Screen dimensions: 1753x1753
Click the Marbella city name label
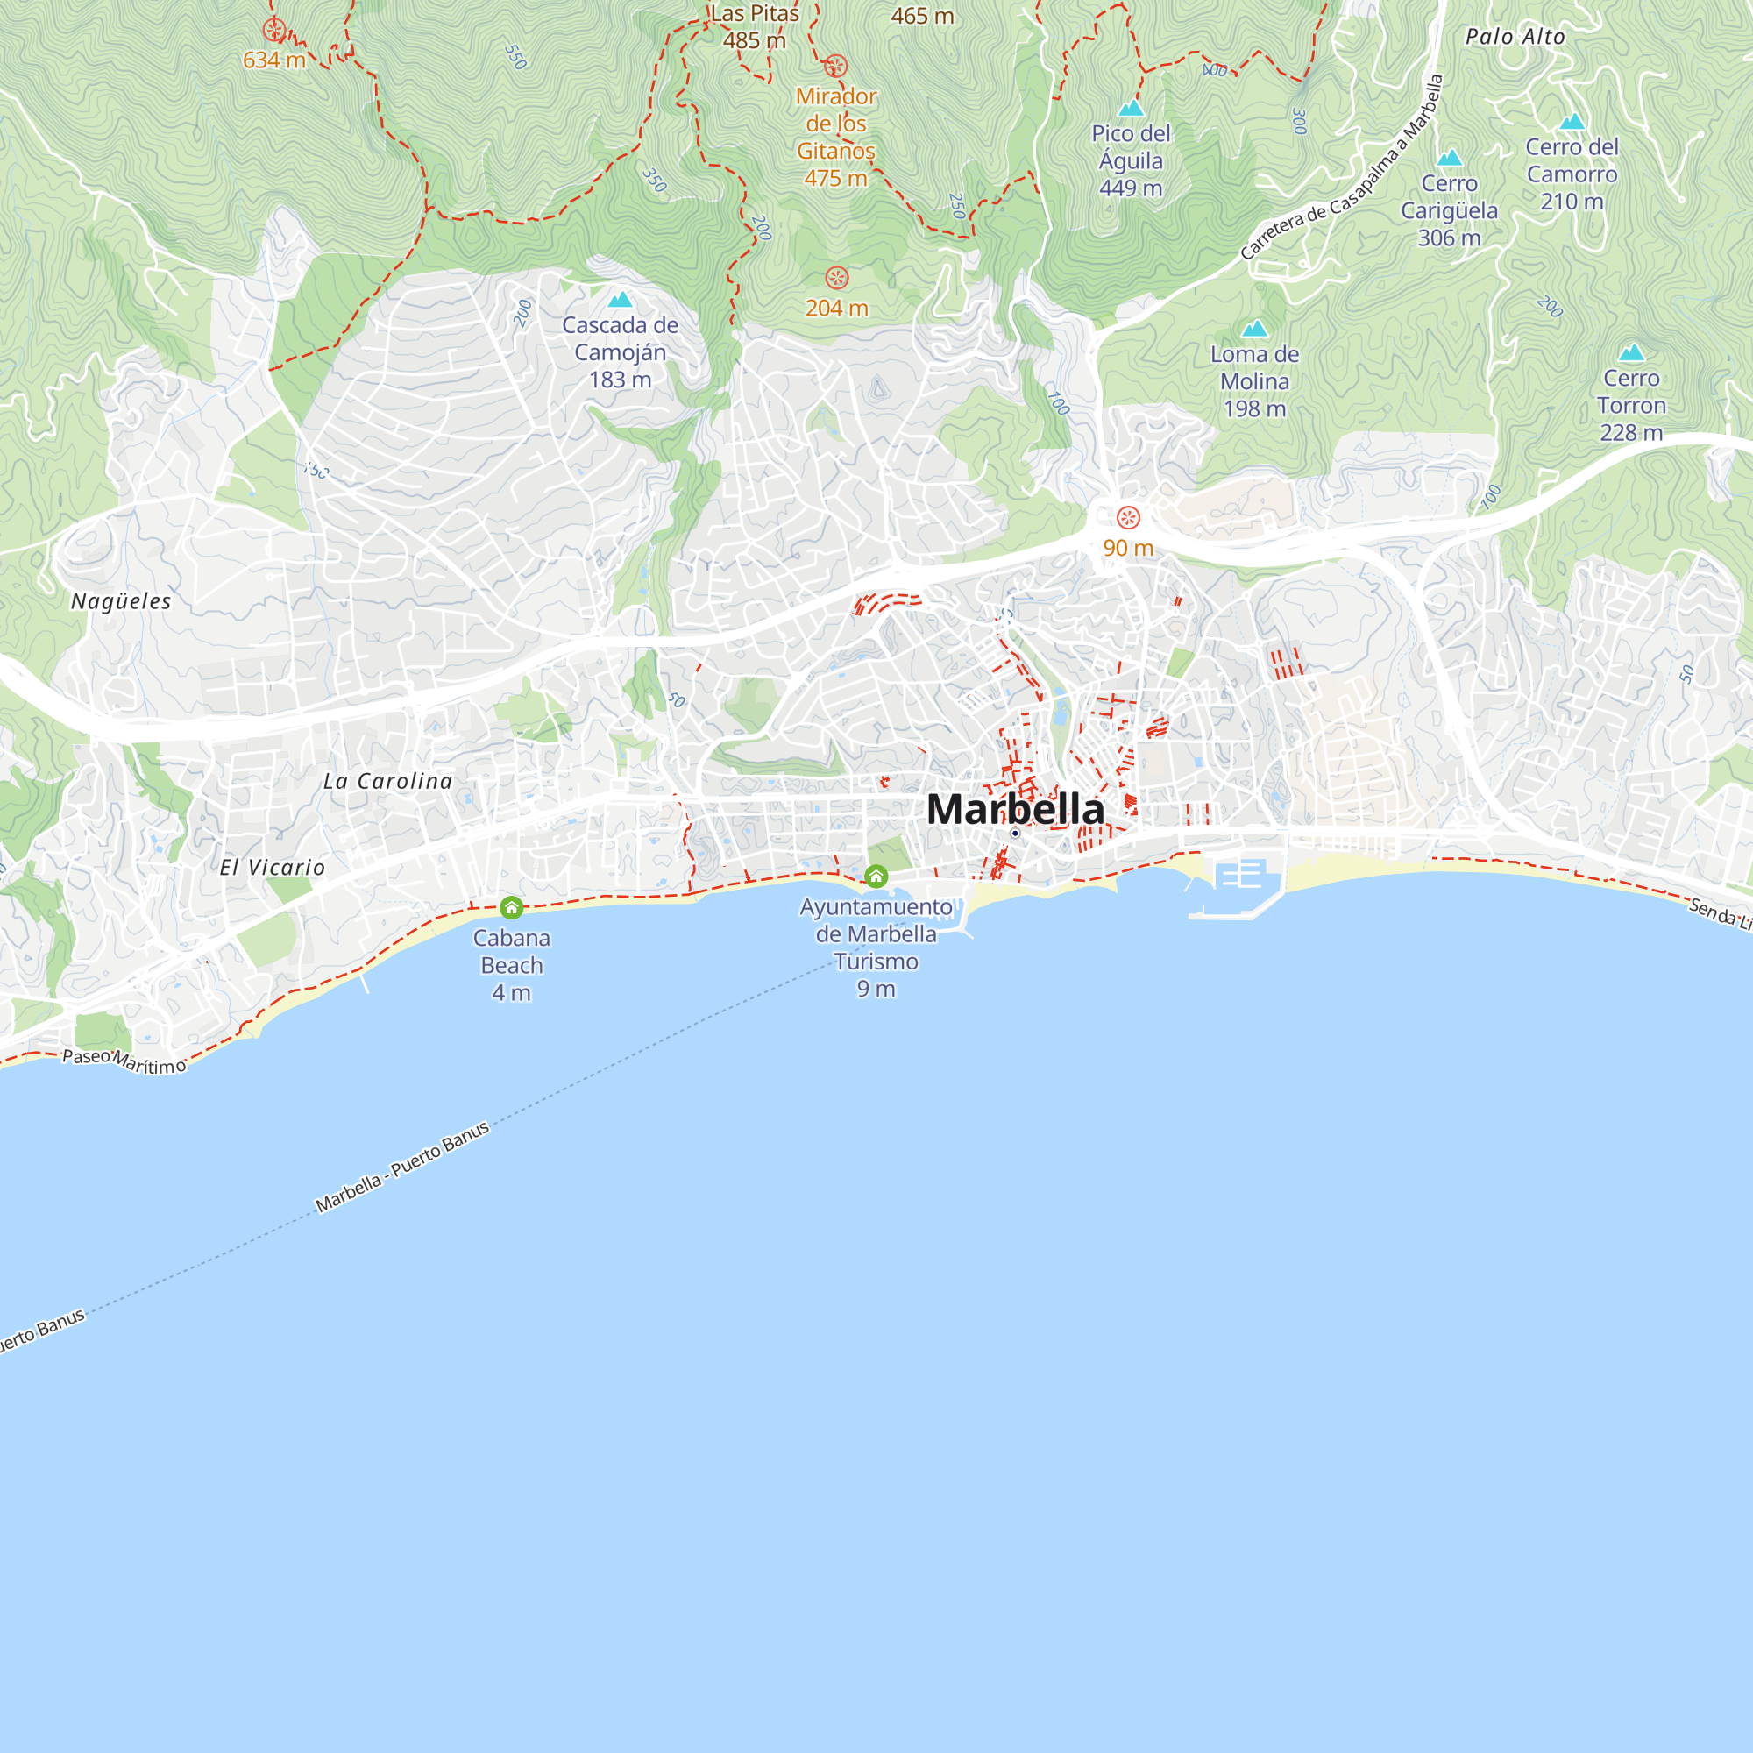point(1015,808)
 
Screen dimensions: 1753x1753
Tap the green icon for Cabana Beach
point(512,907)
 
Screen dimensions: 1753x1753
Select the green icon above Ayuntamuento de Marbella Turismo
point(876,876)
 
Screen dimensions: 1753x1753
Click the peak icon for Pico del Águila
point(1131,109)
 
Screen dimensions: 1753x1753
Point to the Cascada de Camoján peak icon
point(621,300)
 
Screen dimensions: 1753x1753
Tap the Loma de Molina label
point(1254,381)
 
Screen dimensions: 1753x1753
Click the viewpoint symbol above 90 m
point(1128,518)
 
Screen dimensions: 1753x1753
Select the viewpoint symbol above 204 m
point(836,278)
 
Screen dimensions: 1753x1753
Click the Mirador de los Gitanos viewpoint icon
point(835,67)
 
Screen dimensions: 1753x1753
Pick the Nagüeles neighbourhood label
point(122,601)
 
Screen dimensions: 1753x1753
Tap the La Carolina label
point(387,781)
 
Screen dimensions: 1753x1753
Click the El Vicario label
point(273,868)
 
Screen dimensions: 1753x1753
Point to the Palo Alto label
point(1515,37)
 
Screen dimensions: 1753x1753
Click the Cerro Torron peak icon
point(1631,352)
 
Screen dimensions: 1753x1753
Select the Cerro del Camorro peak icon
point(1572,122)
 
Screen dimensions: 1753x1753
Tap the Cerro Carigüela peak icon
point(1449,158)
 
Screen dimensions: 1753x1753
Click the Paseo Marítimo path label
point(124,1061)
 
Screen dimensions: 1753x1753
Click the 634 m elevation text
point(273,60)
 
